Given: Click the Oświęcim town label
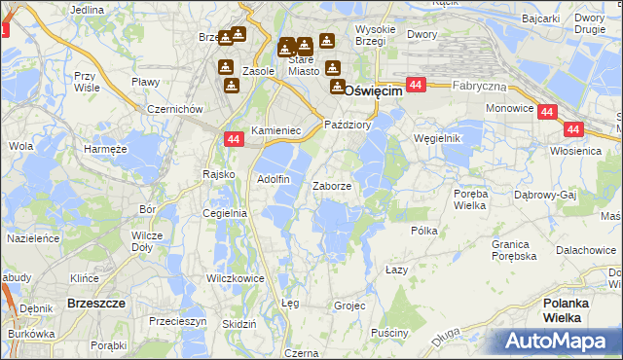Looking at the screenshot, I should [x=375, y=91].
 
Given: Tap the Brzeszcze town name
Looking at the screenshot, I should [x=96, y=304].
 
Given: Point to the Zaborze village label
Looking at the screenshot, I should [x=339, y=185].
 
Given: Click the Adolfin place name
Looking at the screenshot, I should [x=273, y=179].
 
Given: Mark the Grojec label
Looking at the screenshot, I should [x=348, y=306].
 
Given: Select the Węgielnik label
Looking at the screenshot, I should [x=436, y=138].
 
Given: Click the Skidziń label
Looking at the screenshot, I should [x=238, y=324].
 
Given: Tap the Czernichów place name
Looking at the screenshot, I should [x=175, y=109].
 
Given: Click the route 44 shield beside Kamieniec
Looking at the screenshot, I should [x=233, y=140].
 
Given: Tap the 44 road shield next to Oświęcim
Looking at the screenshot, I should [x=416, y=86].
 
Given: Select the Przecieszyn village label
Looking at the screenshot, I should [x=177, y=320].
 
